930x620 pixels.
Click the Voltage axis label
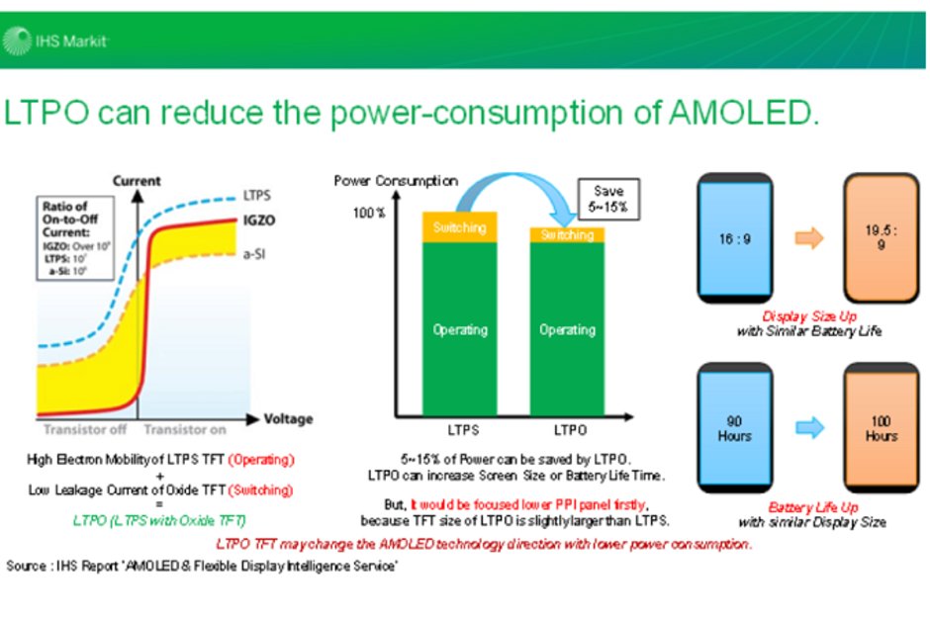[288, 418]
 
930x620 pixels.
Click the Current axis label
[137, 182]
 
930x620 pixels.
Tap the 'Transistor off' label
[85, 430]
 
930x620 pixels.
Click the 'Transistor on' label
[184, 430]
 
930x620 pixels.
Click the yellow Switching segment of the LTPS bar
[460, 227]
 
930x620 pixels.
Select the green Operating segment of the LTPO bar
[567, 330]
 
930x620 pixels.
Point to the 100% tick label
[368, 214]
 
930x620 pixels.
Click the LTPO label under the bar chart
[568, 431]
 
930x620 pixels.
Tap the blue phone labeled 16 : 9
[734, 238]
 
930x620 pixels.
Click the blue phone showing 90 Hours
[734, 428]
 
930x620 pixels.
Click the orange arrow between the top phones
[808, 238]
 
